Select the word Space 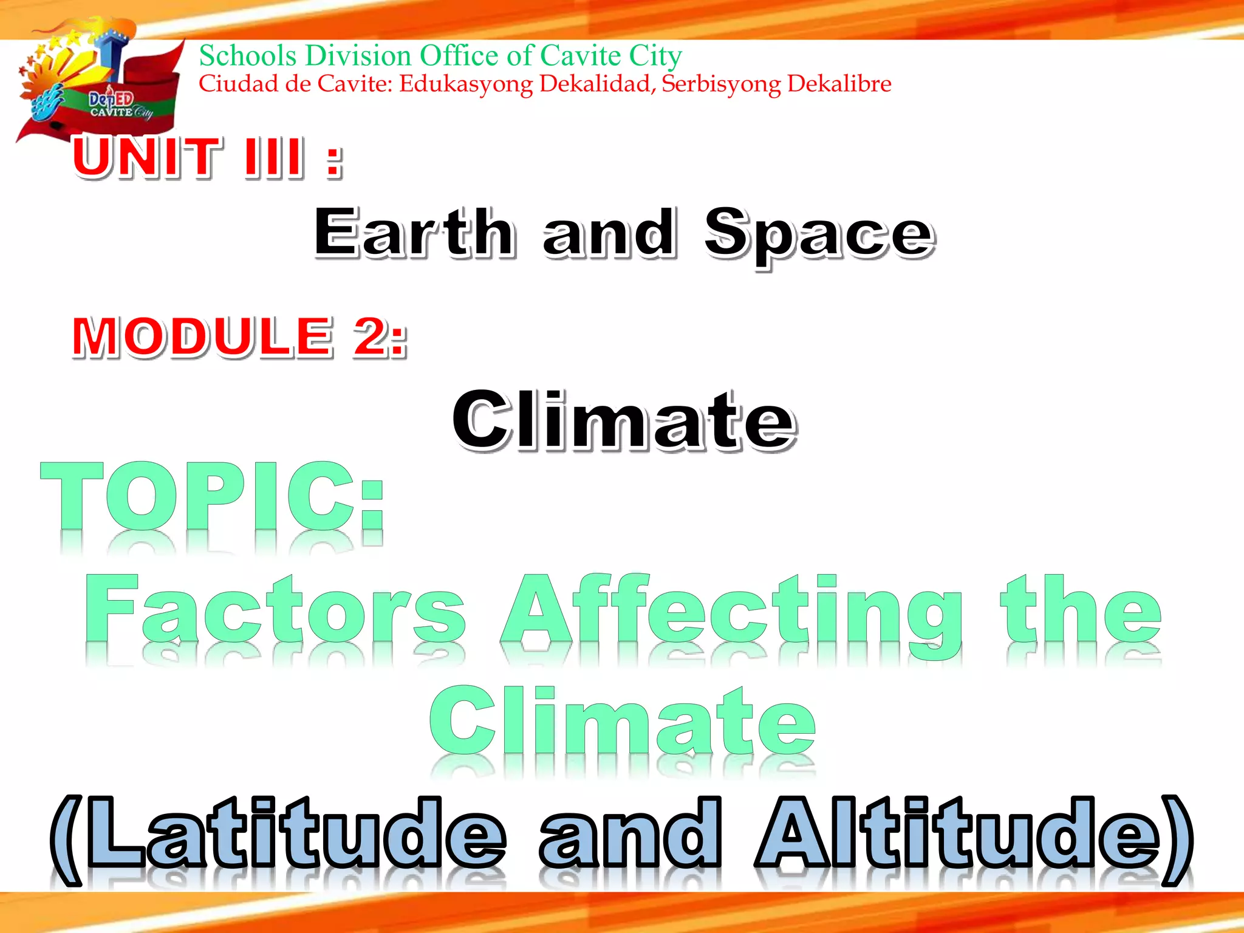819,234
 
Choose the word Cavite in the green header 580,56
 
